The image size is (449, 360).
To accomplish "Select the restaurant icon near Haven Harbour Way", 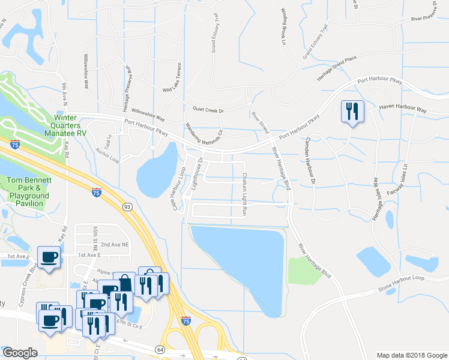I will point(352,111).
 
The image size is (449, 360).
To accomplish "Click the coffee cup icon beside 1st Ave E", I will point(49,258).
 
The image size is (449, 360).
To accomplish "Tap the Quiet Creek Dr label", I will point(208,110).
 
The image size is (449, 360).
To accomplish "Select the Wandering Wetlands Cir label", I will point(203,137).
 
